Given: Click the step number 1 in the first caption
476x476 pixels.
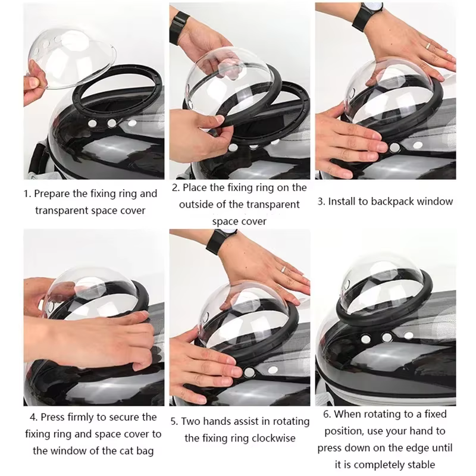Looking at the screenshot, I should tap(26, 194).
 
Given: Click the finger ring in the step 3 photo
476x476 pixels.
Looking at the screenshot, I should tap(428, 45).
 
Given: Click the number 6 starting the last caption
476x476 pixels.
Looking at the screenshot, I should tap(327, 414).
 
